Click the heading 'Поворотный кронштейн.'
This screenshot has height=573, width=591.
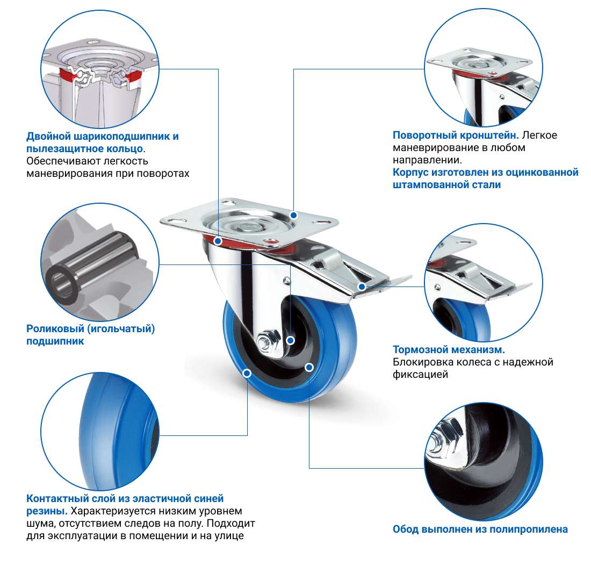coord(456,135)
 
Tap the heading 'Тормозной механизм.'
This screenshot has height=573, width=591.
coord(449,349)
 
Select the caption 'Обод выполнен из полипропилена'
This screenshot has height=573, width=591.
coord(480,529)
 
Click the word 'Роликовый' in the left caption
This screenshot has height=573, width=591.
coord(55,329)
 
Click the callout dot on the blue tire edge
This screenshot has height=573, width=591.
coord(247,373)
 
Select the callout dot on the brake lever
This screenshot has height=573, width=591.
coord(362,287)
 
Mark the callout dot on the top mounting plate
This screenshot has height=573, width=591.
coord(293,215)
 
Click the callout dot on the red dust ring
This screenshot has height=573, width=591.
coord(218,241)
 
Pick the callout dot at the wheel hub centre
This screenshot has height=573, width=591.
coord(290,340)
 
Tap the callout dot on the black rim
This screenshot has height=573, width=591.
coord(309,367)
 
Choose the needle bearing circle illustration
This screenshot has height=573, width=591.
coord(100,262)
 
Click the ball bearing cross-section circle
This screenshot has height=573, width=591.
coord(100,69)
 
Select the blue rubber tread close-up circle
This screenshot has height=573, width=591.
coord(100,432)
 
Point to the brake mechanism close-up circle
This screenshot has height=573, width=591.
coord(484,283)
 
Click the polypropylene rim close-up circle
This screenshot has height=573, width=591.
coord(484,462)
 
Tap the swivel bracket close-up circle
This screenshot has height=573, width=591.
coord(484,68)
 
